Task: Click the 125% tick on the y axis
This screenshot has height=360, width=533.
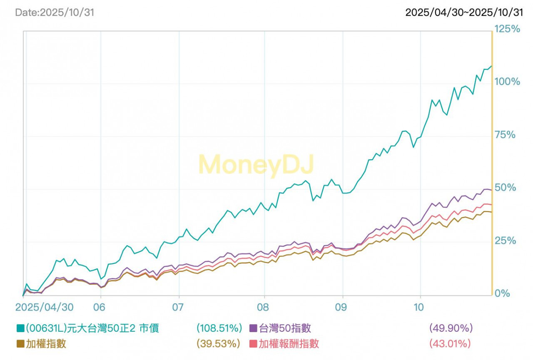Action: tap(507, 29)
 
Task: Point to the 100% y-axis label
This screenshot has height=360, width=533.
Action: tap(507, 82)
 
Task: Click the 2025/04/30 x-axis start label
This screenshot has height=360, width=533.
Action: tap(45, 307)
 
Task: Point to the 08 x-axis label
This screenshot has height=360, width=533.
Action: tap(264, 307)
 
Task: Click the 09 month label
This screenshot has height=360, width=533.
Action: tap(342, 307)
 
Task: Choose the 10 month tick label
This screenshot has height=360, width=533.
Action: tap(421, 307)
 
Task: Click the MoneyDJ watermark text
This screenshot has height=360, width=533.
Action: tap(256, 164)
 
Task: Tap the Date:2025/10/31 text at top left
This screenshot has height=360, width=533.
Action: tap(55, 12)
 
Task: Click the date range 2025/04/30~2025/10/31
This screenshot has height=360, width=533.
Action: tap(464, 12)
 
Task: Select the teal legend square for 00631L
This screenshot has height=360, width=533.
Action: tap(20, 328)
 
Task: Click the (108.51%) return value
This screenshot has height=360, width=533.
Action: tap(219, 328)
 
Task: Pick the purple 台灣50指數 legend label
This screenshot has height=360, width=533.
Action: tap(285, 328)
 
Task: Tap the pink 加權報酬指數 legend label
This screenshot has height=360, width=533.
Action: tap(289, 344)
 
